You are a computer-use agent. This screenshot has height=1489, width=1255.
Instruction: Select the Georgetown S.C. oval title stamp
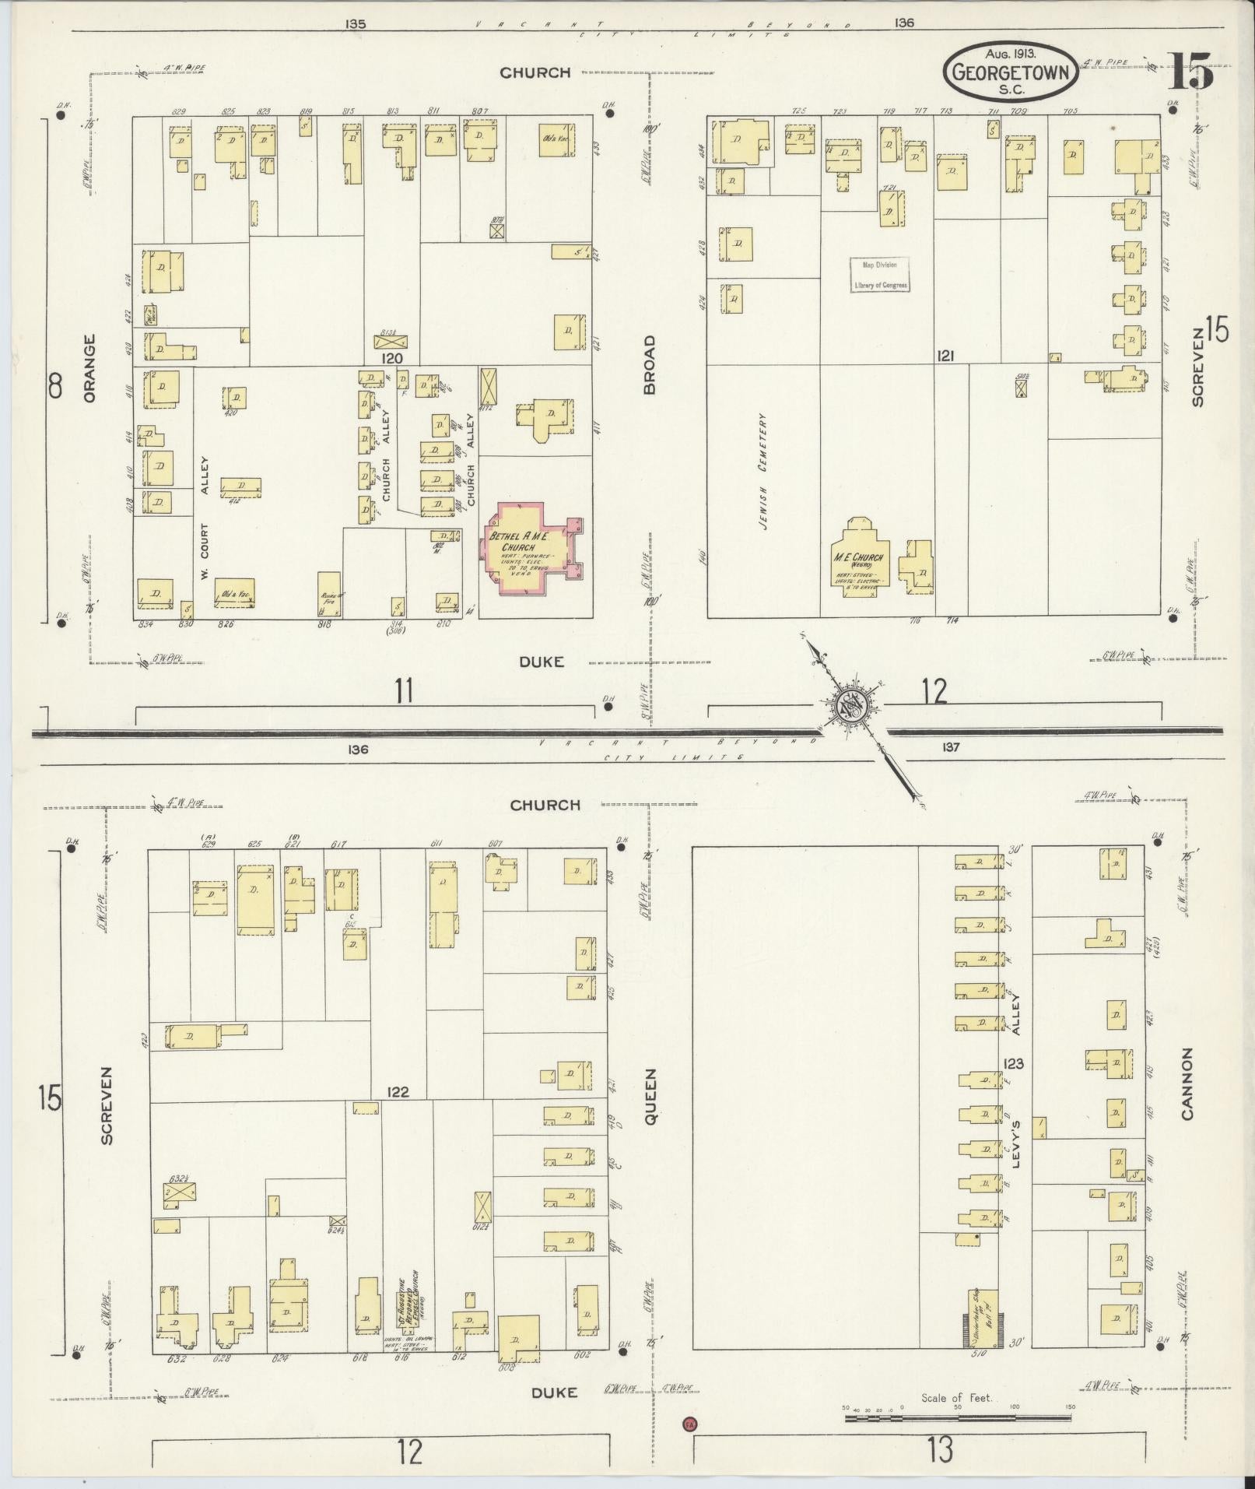tap(1011, 73)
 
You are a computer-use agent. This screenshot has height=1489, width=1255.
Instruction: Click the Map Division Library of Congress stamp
tap(880, 275)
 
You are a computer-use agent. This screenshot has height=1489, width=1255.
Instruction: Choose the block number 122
tap(397, 1092)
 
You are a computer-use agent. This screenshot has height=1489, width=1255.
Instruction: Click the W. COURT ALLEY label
tap(205, 518)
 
